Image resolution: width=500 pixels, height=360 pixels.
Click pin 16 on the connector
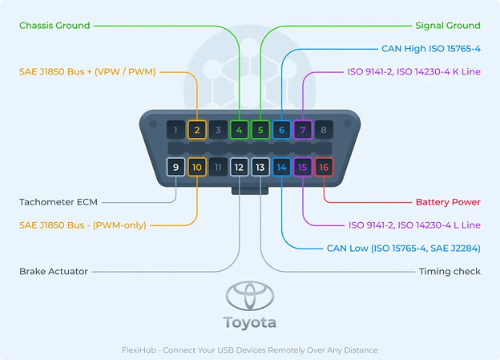[324, 167]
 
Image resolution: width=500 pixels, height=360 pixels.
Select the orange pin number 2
[197, 130]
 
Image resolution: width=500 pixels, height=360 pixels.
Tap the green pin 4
[239, 130]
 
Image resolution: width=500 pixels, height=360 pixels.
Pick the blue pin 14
[281, 167]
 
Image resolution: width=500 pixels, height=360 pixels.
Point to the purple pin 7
[303, 130]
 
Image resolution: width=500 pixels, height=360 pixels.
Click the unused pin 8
[324, 130]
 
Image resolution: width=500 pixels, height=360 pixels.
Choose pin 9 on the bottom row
[175, 167]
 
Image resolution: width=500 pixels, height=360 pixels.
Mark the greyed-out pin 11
[218, 167]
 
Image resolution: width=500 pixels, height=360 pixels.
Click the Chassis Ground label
[54, 26]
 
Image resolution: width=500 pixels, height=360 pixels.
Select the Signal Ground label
[448, 26]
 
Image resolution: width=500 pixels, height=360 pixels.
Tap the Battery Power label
[448, 202]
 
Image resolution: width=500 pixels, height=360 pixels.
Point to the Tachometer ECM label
[58, 202]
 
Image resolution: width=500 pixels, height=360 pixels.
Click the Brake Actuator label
[54, 271]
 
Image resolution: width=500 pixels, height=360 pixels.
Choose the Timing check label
[450, 271]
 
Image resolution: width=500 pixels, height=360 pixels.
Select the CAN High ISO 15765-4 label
[431, 49]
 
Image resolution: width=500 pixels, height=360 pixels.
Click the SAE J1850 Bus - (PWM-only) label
[83, 225]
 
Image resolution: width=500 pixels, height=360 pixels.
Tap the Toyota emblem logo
[250, 296]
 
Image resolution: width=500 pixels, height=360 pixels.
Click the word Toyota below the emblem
[250, 322]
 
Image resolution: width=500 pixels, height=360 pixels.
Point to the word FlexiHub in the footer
[139, 350]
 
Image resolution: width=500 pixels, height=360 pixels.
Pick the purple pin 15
[303, 167]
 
